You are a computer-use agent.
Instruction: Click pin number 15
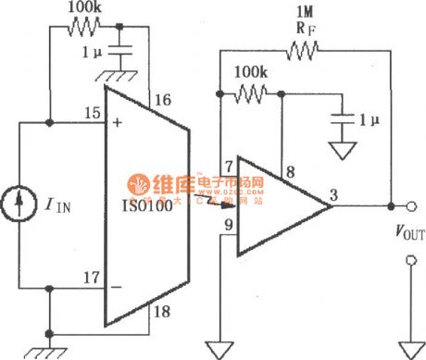tap(89, 112)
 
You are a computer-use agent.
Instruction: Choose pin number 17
tap(89, 275)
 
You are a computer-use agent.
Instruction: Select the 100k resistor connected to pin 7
tap(251, 92)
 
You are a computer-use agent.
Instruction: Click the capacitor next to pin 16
tap(130, 52)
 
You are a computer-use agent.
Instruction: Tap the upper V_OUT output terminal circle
tap(401, 206)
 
